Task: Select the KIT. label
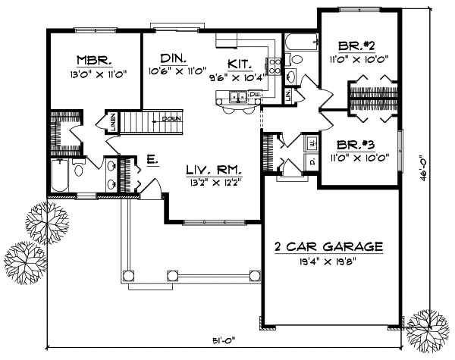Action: (x=240, y=64)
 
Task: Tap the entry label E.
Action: (x=151, y=160)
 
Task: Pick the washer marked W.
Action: (x=312, y=142)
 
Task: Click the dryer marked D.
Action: (x=312, y=161)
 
